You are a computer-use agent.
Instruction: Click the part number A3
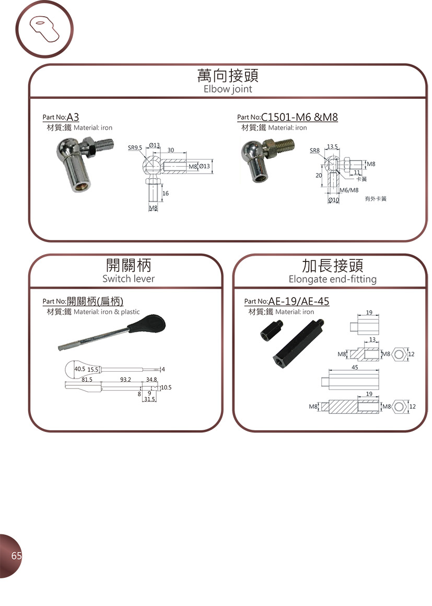(x=73, y=117)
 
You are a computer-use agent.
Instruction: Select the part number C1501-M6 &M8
(x=299, y=117)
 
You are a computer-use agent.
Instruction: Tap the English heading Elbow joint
(x=228, y=89)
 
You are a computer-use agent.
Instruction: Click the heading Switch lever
(x=128, y=279)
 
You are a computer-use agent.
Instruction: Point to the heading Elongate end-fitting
(x=332, y=279)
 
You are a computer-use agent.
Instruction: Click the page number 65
(x=16, y=556)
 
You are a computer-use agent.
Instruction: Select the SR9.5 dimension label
(x=135, y=147)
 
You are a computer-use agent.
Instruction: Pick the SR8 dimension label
(x=314, y=151)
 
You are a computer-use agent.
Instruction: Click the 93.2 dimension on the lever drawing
(x=125, y=380)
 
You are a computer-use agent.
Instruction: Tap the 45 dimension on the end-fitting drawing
(x=355, y=367)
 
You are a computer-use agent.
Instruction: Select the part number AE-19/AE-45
(x=298, y=301)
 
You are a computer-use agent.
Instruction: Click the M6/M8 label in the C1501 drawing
(x=349, y=190)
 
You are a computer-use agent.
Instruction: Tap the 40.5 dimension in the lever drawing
(x=79, y=369)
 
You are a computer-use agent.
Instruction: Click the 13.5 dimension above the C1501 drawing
(x=332, y=146)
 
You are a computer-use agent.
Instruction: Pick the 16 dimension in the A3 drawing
(x=166, y=193)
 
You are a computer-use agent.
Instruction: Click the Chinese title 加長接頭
(x=332, y=266)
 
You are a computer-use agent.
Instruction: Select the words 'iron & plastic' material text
(x=120, y=312)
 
